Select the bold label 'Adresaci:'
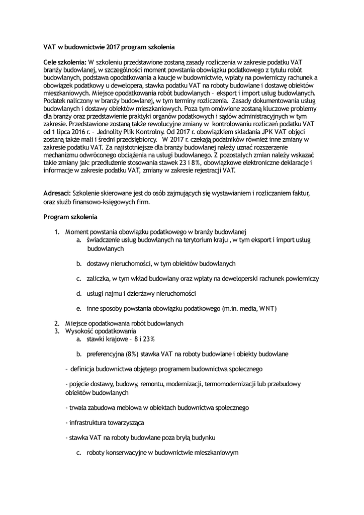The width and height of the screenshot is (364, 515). [x=57, y=193]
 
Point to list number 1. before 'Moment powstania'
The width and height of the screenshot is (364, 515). [x=57, y=232]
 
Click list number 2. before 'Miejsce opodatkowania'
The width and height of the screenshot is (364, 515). [x=57, y=323]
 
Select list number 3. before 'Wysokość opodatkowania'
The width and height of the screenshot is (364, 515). [x=57, y=331]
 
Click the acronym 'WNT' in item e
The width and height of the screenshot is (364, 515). [x=267, y=308]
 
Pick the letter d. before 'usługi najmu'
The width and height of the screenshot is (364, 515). [x=79, y=293]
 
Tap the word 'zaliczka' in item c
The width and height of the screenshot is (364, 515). [x=99, y=278]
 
